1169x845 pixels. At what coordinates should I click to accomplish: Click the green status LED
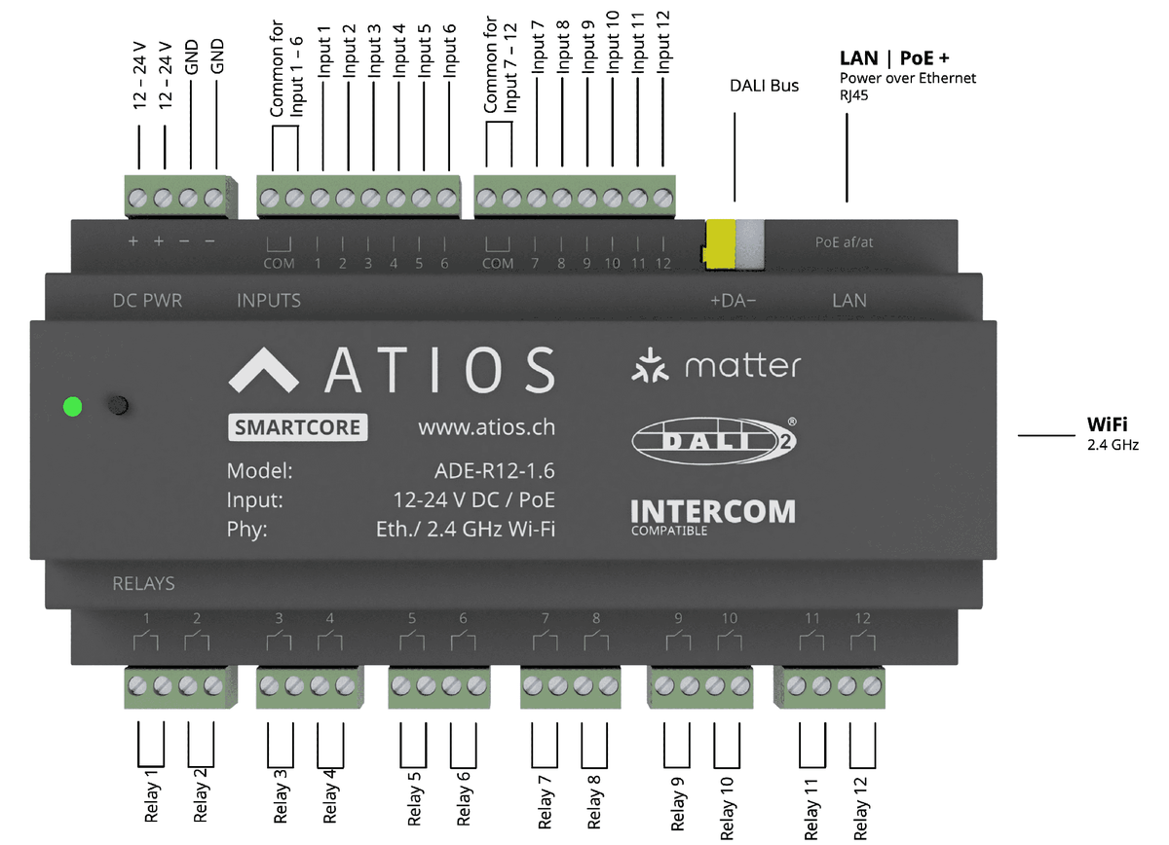coord(71,406)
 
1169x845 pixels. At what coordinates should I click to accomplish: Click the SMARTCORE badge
coord(298,427)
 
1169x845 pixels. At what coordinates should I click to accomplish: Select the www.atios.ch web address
coord(486,427)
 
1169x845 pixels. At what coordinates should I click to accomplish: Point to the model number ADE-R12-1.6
coord(494,472)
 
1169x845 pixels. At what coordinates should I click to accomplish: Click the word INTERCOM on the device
coord(712,511)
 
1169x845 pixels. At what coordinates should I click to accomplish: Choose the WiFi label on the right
coord(1108,424)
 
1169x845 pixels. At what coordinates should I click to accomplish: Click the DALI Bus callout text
coord(764,86)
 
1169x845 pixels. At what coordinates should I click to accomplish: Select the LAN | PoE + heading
coord(894,57)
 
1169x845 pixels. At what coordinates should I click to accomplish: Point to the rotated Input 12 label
coord(664,43)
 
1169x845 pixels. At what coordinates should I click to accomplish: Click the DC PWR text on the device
coord(147,301)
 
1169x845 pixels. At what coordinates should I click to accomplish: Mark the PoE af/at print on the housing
coord(844,242)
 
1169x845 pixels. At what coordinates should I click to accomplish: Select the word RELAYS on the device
coord(143,584)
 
